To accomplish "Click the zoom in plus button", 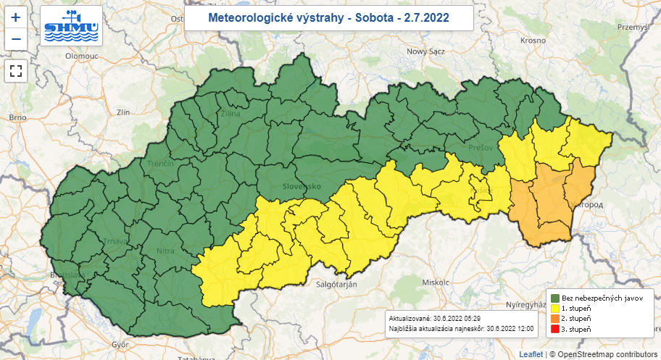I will coord(16,17).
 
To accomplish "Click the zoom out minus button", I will coord(16,39).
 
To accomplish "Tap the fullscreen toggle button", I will coord(16,71).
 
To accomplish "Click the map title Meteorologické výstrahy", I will coord(328,17).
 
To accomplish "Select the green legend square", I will coord(554,298).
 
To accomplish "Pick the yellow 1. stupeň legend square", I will coord(554,308).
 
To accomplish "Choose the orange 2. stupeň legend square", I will coord(554,319).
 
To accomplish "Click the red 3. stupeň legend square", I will coord(554,330).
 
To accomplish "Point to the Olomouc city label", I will coord(81,55).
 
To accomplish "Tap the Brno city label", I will coord(17,117).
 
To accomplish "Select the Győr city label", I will coord(120,343).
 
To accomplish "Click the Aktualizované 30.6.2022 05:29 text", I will coord(434,318).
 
